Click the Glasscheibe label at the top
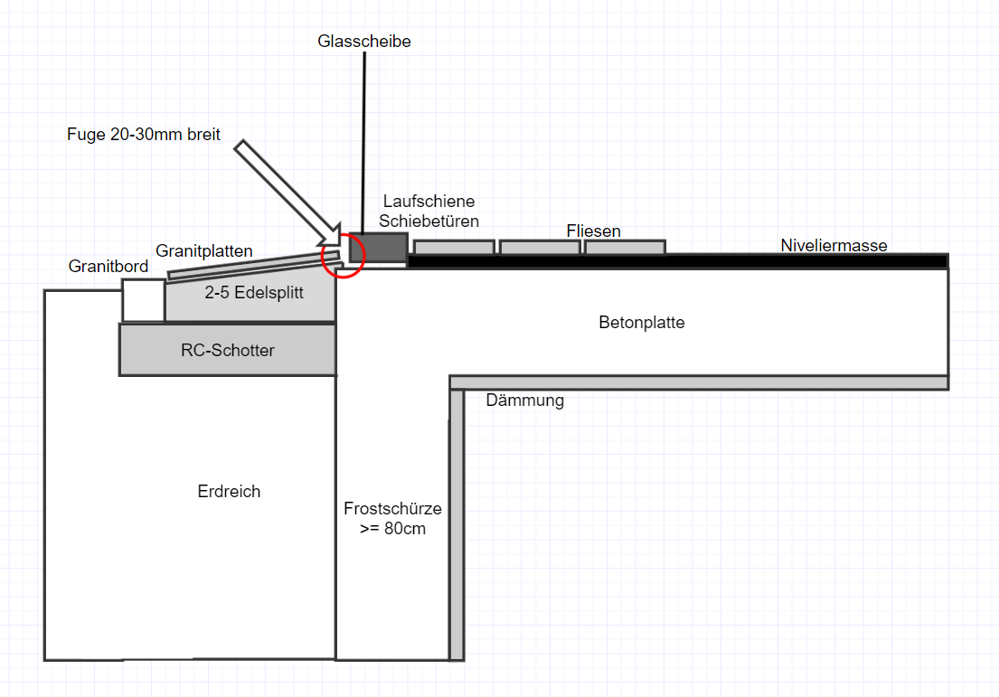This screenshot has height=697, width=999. click(x=364, y=42)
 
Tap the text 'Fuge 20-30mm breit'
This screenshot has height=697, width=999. click(x=144, y=134)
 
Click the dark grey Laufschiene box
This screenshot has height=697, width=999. click(x=378, y=247)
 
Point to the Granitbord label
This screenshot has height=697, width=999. click(x=108, y=267)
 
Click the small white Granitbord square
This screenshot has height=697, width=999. click(x=143, y=300)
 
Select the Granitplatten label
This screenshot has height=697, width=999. click(x=204, y=250)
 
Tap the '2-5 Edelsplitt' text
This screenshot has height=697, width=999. click(x=254, y=293)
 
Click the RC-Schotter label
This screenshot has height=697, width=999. click(x=228, y=350)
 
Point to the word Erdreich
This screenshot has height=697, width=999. click(x=229, y=492)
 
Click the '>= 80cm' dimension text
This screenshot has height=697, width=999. click(x=392, y=529)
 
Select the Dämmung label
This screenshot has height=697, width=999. click(x=524, y=400)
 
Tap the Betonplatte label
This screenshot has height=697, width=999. click(x=642, y=323)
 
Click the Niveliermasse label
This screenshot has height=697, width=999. click(x=834, y=245)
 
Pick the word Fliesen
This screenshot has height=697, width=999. click(x=594, y=231)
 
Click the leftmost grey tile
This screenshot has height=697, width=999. click(x=454, y=247)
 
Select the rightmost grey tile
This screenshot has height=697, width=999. click(x=625, y=247)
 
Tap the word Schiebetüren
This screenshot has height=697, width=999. click(x=429, y=221)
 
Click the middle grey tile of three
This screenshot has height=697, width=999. click(x=540, y=247)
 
